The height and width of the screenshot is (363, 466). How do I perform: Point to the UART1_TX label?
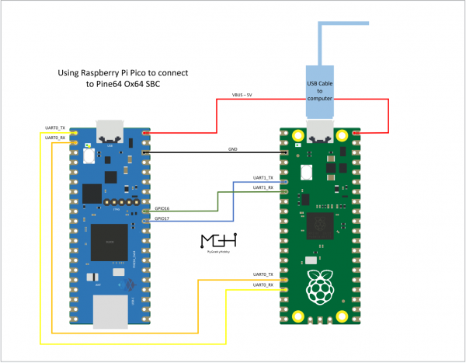click(264, 178)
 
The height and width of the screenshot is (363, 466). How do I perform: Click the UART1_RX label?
click(264, 187)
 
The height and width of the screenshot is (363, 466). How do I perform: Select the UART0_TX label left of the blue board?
click(54, 127)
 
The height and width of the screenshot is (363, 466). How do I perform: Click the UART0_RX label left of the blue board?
click(54, 137)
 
